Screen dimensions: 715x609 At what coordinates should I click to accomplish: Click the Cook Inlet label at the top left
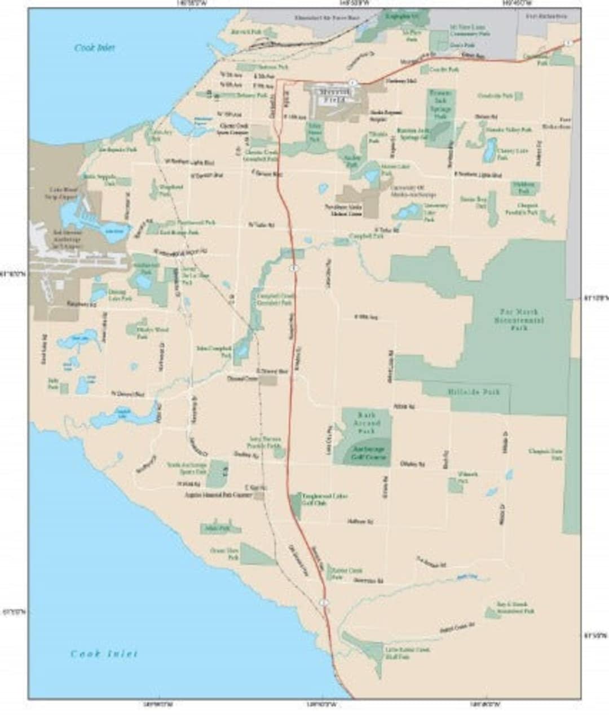tap(94, 48)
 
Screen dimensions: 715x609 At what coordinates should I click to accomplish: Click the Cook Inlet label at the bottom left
tap(104, 654)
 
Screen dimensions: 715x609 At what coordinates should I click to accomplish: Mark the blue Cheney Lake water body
tap(489, 150)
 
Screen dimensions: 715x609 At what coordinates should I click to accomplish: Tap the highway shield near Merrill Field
tap(352, 82)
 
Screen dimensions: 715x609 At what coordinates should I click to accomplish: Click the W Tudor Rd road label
tap(261, 225)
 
